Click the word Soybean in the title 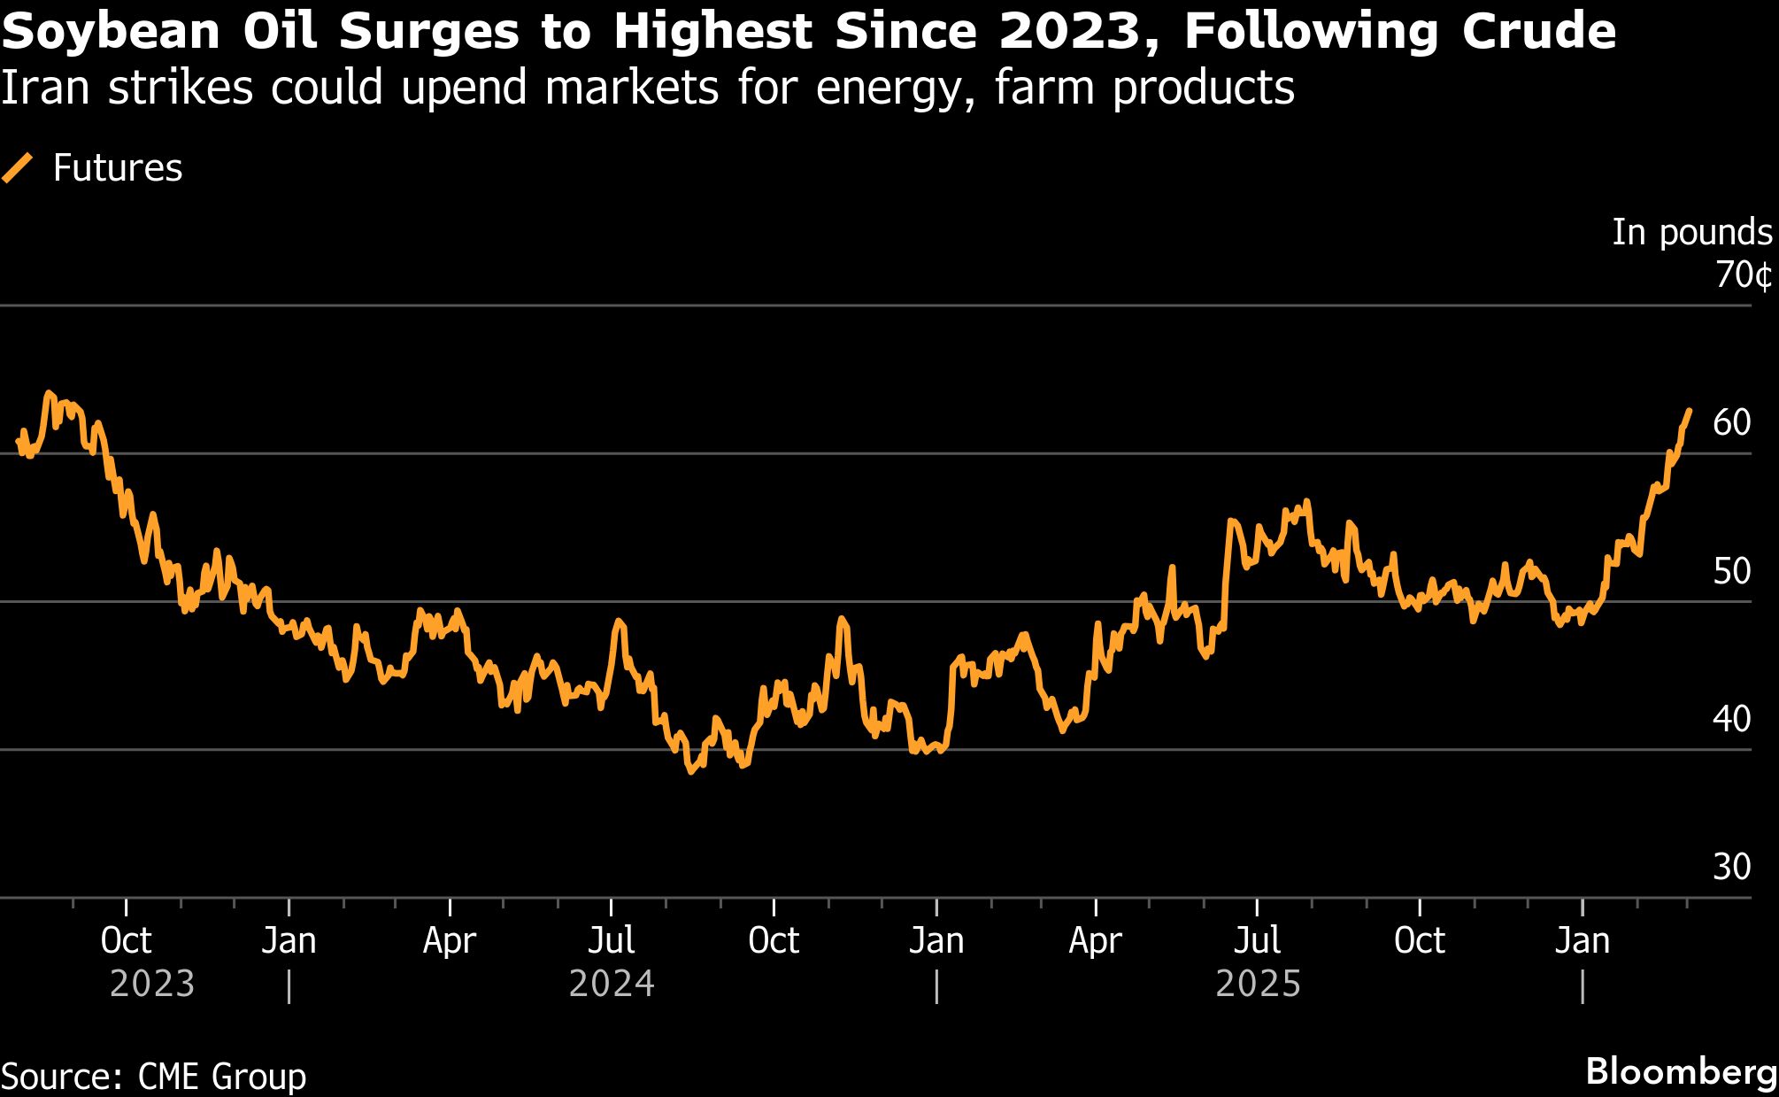click(x=112, y=32)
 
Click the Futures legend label click(x=118, y=168)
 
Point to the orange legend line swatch click(x=18, y=168)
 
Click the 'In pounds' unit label click(x=1691, y=232)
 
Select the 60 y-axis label click(x=1731, y=423)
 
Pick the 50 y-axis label click(x=1731, y=572)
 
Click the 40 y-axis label click(x=1731, y=719)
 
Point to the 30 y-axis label click(x=1731, y=867)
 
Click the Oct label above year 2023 click(x=126, y=940)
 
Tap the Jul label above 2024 click(x=611, y=940)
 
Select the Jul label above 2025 click(x=1257, y=940)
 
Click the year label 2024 click(x=611, y=985)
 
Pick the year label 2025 click(x=1258, y=985)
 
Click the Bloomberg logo click(x=1681, y=1072)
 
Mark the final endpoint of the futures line click(x=1690, y=410)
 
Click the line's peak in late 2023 click(x=49, y=392)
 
